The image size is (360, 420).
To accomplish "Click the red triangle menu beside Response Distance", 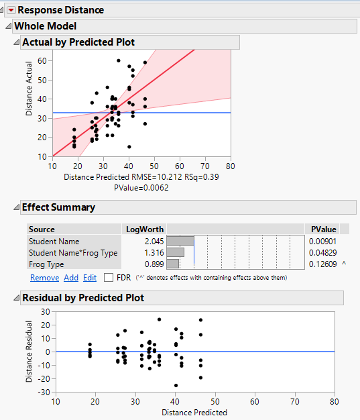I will coord(10,10).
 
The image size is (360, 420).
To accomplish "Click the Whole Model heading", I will coord(45,26).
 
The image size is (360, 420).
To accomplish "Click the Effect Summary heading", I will coord(58,207).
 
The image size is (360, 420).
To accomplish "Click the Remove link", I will coord(44,277).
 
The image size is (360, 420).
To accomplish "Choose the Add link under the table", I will coord(71,277).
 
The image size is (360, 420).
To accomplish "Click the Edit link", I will coord(90,277).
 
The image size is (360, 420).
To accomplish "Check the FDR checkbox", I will coord(108,277).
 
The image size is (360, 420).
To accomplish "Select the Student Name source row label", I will coord(54,241).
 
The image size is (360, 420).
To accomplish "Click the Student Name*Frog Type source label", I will coord(73,253).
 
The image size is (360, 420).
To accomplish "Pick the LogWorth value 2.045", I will coord(153,241).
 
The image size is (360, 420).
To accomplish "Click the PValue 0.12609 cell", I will coord(322,264).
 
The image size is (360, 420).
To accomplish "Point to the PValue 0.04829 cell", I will coord(322,253).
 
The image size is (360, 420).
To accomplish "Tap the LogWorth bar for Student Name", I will coord(180,241).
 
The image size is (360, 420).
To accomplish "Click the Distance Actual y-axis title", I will coord(29,98).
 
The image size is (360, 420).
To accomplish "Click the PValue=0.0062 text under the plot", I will coord(141,187).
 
